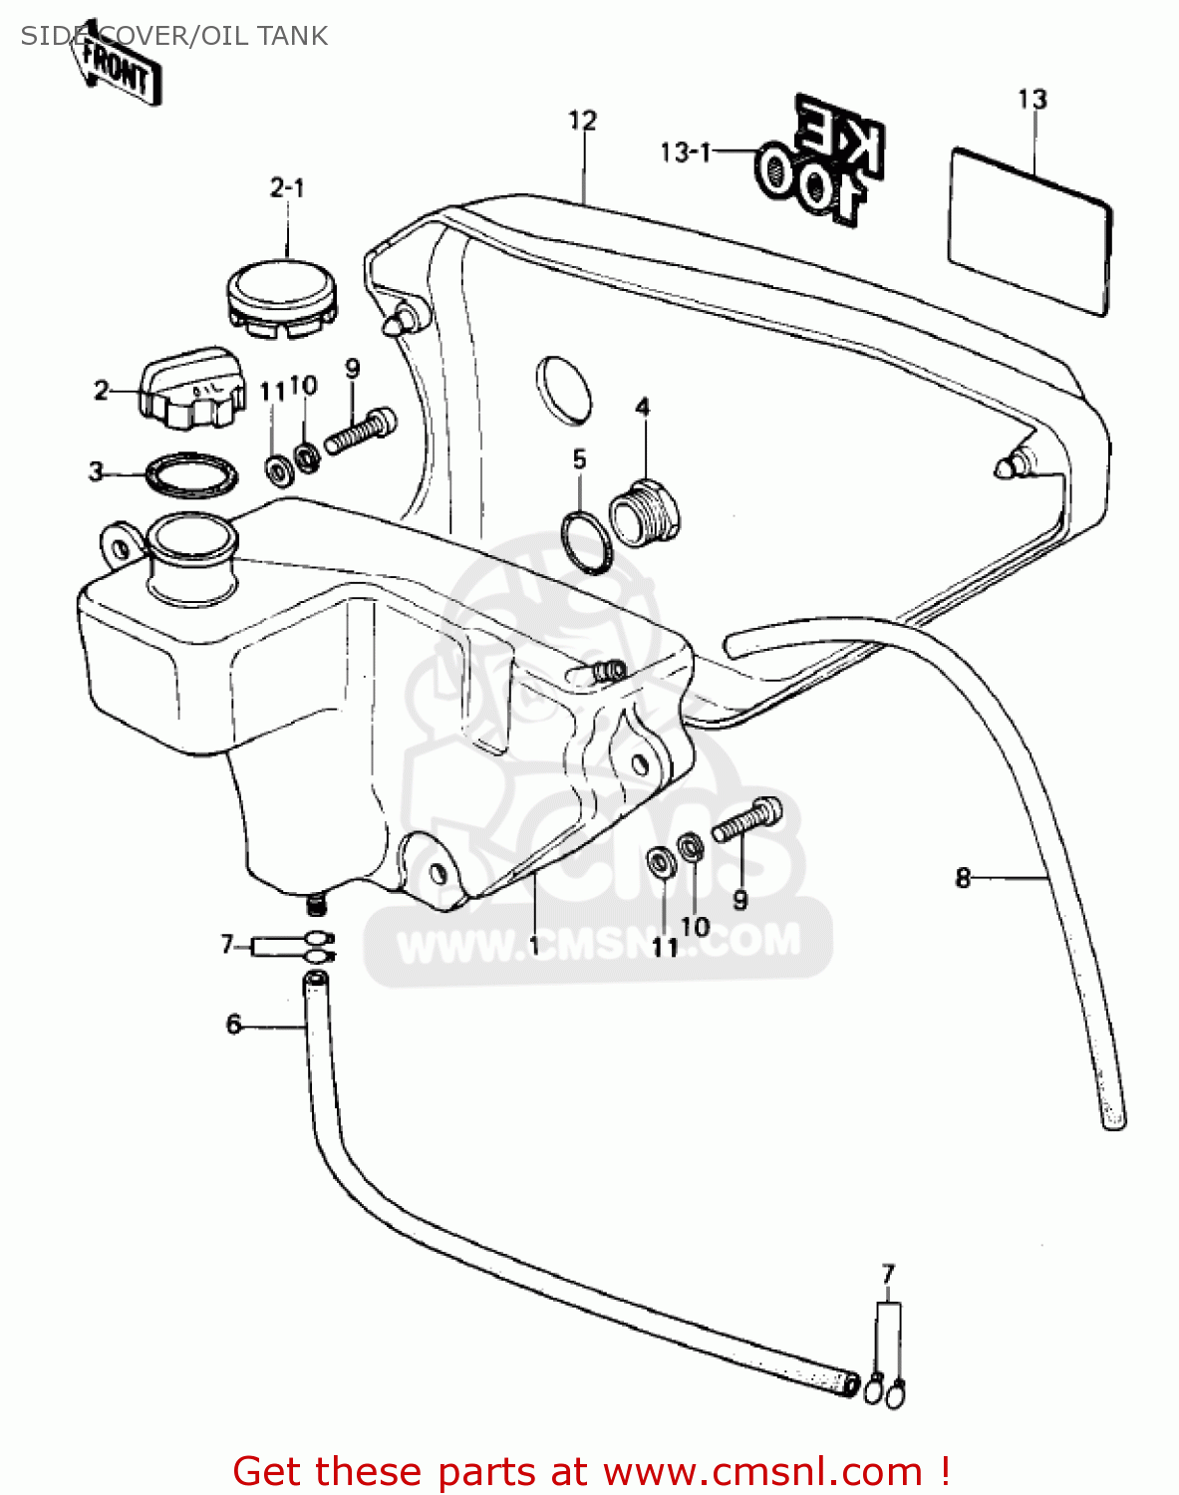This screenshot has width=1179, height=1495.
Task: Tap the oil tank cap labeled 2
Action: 192,389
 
